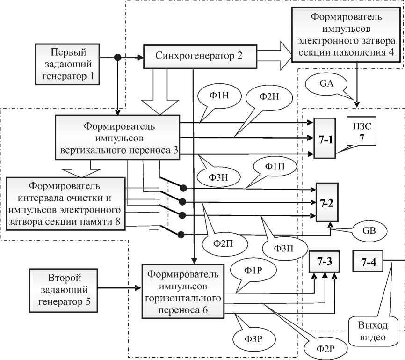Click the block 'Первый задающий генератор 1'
69,64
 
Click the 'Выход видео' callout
369,331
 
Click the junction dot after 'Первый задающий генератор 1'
119,58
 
